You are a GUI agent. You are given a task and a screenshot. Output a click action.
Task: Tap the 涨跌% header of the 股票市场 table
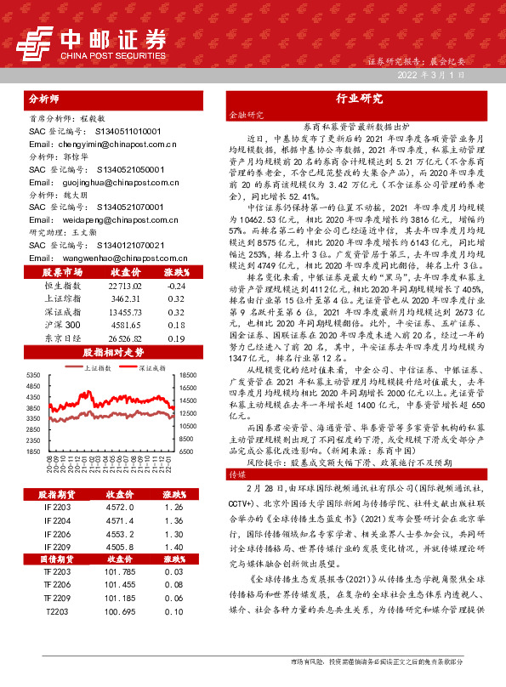click(176, 273)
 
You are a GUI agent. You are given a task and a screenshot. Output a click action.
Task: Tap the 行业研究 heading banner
click(360, 98)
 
